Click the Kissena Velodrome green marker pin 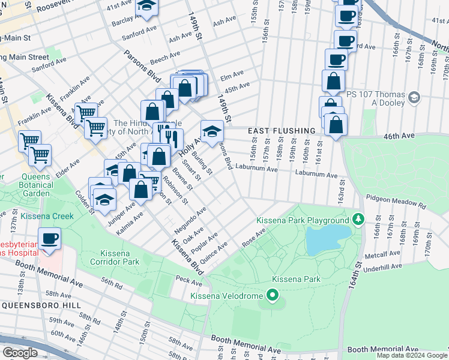pyautogui.click(x=273, y=295)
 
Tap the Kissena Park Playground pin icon pyautogui.click(x=358, y=219)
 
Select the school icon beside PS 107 pyautogui.click(x=414, y=97)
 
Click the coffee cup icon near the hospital pyautogui.click(x=50, y=238)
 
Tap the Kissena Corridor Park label pyautogui.click(x=115, y=257)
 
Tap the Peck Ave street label pyautogui.click(x=190, y=279)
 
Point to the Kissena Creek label pyautogui.click(x=47, y=216)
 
